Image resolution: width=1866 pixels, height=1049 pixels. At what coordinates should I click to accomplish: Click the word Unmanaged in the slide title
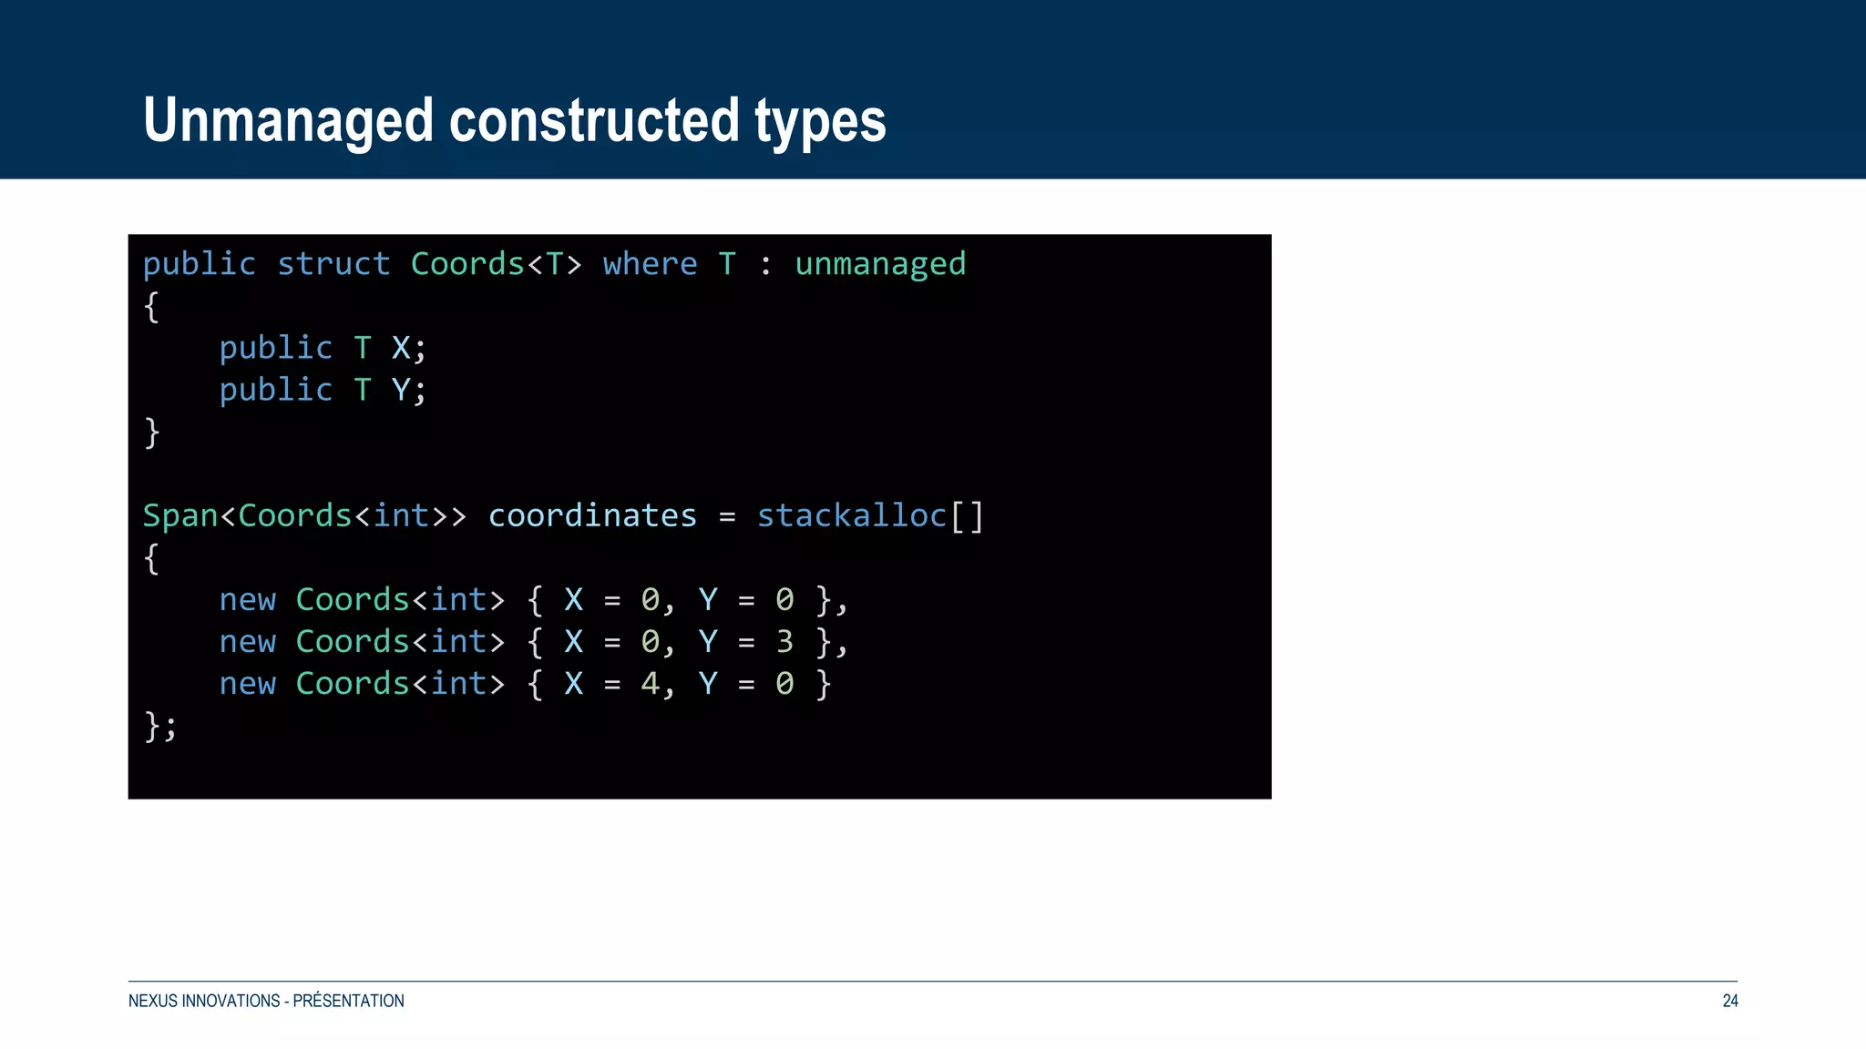[288, 121]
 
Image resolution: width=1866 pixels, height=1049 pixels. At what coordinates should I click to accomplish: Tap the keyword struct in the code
[333, 264]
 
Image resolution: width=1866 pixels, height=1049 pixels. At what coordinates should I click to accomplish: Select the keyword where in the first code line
[650, 264]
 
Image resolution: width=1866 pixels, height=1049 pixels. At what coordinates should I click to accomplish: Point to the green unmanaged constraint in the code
[879, 264]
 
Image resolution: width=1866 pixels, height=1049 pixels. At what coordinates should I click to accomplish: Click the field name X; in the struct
[408, 348]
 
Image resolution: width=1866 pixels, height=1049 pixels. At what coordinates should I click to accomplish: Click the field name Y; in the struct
[408, 390]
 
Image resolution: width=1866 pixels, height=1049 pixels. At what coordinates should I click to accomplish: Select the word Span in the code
[179, 515]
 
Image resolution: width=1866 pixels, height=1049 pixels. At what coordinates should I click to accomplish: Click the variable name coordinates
[592, 515]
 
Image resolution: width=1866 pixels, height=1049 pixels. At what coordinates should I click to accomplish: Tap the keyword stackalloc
[851, 515]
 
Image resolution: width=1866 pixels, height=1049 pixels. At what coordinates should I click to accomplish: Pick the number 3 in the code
[784, 642]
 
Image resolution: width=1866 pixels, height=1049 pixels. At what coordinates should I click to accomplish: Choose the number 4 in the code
[650, 684]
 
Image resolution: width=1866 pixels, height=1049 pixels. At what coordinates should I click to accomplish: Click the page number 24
[1729, 1001]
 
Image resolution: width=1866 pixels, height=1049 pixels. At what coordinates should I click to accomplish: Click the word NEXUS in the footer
[152, 1001]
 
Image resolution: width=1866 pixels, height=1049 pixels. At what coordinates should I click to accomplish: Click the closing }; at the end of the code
[160, 726]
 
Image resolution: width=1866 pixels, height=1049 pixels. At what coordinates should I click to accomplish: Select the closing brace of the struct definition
[152, 433]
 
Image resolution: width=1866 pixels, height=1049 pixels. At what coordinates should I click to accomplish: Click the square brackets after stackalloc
[967, 516]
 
